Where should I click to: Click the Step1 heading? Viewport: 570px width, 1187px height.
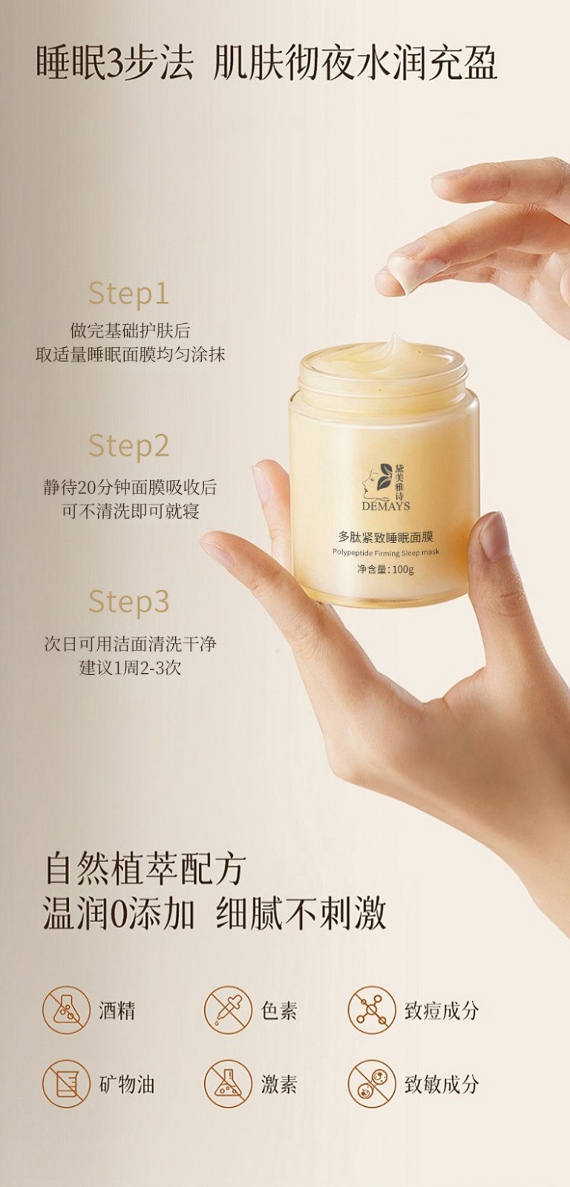[x=129, y=294]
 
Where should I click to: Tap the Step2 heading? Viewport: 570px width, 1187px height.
[x=129, y=446]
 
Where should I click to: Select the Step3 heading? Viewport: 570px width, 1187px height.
[x=129, y=602]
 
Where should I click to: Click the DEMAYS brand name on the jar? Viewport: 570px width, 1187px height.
[x=385, y=506]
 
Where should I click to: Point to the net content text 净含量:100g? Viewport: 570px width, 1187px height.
[x=385, y=570]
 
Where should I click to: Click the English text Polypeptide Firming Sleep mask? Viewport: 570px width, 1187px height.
[x=385, y=552]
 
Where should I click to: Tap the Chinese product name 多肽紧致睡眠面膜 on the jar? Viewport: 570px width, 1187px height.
[x=385, y=537]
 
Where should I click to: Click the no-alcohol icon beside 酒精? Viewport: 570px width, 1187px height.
[x=67, y=1010]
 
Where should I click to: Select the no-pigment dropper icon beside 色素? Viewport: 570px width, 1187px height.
[x=228, y=1010]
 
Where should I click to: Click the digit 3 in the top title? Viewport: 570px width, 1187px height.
[x=116, y=62]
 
